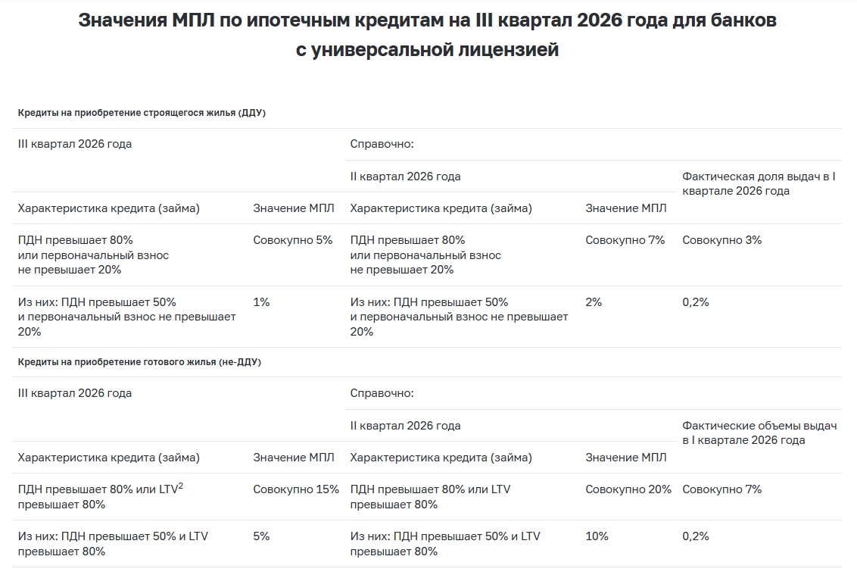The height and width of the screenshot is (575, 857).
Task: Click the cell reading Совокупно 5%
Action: (292, 240)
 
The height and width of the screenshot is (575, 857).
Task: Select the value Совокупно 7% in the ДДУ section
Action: (625, 240)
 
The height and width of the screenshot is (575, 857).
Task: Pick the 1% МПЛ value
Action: (261, 302)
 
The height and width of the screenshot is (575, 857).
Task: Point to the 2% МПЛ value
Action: (594, 302)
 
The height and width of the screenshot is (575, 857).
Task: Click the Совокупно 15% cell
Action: (295, 489)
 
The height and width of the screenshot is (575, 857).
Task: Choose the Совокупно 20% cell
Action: (628, 489)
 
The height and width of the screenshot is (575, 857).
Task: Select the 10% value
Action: (597, 536)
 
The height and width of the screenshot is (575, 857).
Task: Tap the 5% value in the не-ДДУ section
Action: (261, 536)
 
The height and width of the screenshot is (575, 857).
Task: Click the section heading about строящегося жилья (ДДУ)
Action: (142, 113)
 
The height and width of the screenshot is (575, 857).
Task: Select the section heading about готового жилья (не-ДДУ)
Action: (139, 362)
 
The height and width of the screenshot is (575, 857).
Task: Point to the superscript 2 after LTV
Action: (180, 486)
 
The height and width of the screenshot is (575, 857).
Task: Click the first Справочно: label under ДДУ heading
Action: (382, 144)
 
